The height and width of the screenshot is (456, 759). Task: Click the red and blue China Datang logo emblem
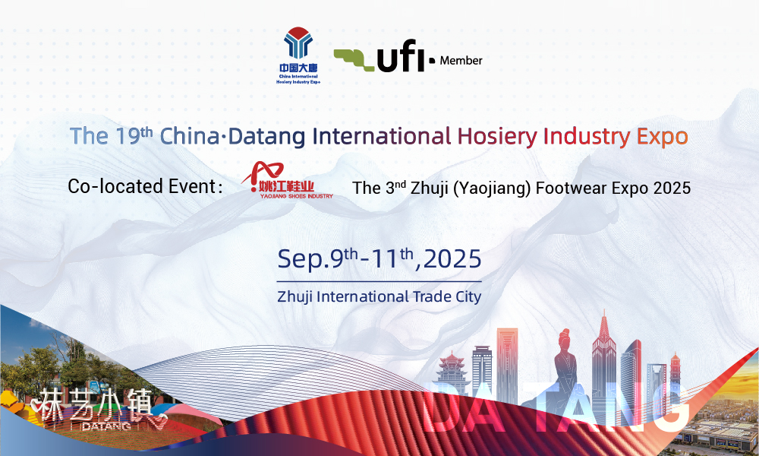tap(298, 43)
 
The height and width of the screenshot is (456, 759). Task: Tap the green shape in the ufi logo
tap(354, 59)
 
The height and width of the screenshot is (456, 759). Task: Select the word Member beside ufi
tap(461, 61)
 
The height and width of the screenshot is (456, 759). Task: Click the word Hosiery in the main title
tap(497, 137)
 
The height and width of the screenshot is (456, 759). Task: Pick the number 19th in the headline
tap(134, 136)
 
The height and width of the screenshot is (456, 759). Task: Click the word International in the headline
tap(382, 136)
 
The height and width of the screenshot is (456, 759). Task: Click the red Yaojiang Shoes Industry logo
tap(287, 180)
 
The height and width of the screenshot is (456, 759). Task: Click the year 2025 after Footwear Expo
tap(672, 188)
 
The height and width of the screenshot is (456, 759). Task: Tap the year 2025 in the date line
tap(452, 259)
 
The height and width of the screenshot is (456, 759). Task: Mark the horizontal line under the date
tap(379, 281)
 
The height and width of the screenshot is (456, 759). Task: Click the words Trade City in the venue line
tap(447, 296)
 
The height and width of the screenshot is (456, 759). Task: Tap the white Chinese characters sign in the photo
tap(92, 404)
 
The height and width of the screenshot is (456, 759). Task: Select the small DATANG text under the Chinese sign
tap(106, 426)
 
